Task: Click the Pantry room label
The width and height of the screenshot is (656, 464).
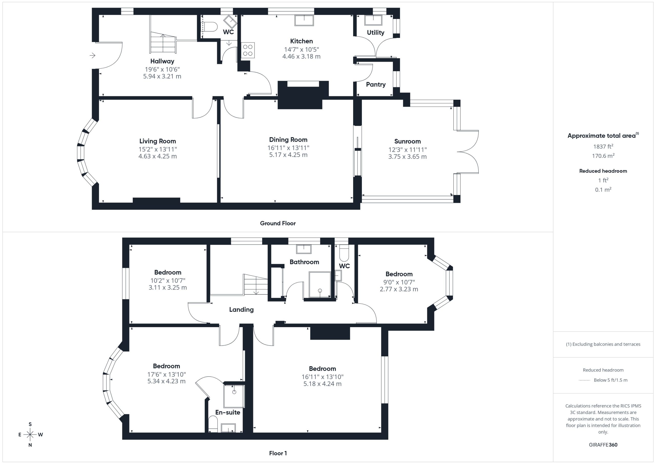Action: (376, 84)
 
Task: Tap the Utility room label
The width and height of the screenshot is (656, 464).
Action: (375, 33)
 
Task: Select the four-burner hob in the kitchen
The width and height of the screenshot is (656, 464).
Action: (248, 50)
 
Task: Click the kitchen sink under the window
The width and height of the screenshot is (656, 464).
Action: (304, 20)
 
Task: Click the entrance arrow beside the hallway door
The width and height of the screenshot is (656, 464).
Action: (92, 55)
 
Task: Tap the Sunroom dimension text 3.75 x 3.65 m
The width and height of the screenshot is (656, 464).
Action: (407, 157)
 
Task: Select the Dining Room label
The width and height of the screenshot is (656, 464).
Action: (288, 140)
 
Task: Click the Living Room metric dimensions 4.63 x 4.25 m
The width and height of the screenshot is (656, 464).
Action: (158, 156)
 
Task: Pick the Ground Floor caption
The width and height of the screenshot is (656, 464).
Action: (278, 223)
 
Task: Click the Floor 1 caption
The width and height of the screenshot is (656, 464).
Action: (278, 453)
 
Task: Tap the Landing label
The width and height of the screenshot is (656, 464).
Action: (241, 310)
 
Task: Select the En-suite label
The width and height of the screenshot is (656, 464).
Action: (228, 412)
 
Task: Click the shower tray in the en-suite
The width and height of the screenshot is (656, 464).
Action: (234, 396)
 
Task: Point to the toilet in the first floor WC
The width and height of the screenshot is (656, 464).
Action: (344, 253)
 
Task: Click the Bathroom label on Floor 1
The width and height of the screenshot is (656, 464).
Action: (304, 262)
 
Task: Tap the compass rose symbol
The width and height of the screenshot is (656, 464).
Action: (30, 435)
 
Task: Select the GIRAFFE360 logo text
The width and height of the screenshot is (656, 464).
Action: (603, 445)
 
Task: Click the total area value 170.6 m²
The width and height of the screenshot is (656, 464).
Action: (603, 156)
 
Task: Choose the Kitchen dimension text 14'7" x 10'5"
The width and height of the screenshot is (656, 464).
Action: (301, 49)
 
